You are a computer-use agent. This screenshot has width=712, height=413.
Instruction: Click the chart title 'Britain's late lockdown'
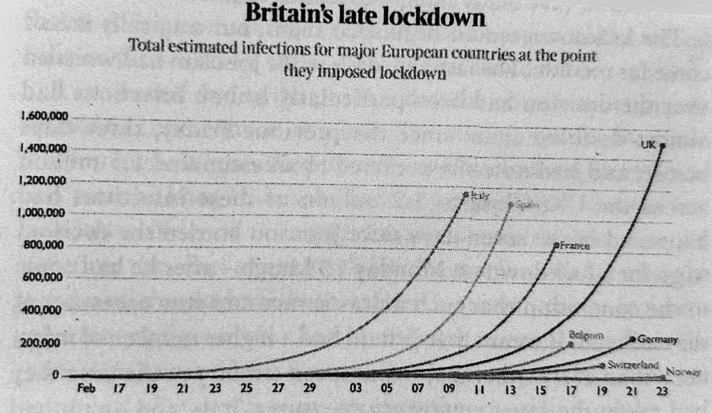click(365, 15)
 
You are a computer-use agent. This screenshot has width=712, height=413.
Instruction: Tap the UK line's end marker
click(662, 146)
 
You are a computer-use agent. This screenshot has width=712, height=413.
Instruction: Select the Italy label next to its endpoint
click(478, 196)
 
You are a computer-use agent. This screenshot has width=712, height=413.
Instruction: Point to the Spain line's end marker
click(511, 205)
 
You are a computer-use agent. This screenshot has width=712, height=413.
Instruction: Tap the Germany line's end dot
click(632, 339)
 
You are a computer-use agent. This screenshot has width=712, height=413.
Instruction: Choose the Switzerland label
click(632, 365)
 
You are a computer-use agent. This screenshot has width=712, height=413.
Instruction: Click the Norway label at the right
click(682, 372)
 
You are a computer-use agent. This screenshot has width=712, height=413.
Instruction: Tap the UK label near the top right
click(647, 145)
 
